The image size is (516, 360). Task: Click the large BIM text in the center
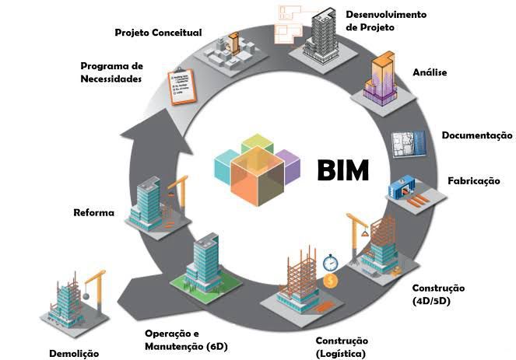343,170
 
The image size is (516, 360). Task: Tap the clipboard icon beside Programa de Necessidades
182,86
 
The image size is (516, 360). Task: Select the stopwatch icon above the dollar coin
330,263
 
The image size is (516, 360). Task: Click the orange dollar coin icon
331,281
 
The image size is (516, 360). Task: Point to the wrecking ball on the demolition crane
86,296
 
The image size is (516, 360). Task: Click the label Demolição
74,354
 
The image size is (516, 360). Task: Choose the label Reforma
94,212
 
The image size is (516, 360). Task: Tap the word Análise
430,72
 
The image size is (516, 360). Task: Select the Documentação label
477,135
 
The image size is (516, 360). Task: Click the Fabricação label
474,180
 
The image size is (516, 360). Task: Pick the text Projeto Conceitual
158,33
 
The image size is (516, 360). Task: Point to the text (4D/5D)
431,301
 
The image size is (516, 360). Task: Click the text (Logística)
341,354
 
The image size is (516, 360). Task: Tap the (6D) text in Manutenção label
217,347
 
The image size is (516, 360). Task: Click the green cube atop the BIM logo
258,143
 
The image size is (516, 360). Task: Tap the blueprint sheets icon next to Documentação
409,144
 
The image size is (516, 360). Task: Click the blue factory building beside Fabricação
402,187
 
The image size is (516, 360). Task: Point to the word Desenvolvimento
386,15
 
